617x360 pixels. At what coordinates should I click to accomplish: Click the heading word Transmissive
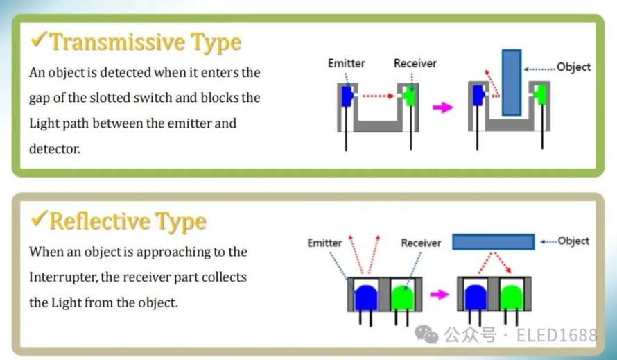pyautogui.click(x=117, y=42)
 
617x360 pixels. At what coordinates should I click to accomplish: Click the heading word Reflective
pyautogui.click(x=99, y=221)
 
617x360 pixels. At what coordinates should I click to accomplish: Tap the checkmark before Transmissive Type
pyautogui.click(x=40, y=40)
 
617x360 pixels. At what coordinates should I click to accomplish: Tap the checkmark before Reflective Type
pyautogui.click(x=40, y=218)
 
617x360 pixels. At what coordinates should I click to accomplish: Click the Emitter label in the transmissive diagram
pyautogui.click(x=346, y=63)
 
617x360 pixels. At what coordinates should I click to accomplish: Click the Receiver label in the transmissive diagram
pyautogui.click(x=415, y=63)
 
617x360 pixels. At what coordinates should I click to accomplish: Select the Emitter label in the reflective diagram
pyautogui.click(x=324, y=243)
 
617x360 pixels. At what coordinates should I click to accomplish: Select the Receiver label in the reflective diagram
pyautogui.click(x=421, y=243)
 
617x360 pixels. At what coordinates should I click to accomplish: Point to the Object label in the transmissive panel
pyautogui.click(x=574, y=67)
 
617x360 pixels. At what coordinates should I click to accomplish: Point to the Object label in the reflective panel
pyautogui.click(x=573, y=241)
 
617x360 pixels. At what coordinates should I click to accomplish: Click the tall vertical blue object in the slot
pyautogui.click(x=512, y=83)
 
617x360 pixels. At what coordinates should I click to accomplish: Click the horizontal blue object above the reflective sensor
pyautogui.click(x=493, y=242)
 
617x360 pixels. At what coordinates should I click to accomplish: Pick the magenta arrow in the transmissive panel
pyautogui.click(x=443, y=107)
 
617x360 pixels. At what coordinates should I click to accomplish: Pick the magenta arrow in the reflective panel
pyautogui.click(x=440, y=294)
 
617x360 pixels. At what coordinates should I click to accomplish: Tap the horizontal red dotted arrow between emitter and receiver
pyautogui.click(x=378, y=96)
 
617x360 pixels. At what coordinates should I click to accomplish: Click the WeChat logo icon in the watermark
pyautogui.click(x=426, y=334)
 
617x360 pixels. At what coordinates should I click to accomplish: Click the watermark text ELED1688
pyautogui.click(x=557, y=335)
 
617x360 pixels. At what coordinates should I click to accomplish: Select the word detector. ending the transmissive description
pyautogui.click(x=54, y=149)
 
